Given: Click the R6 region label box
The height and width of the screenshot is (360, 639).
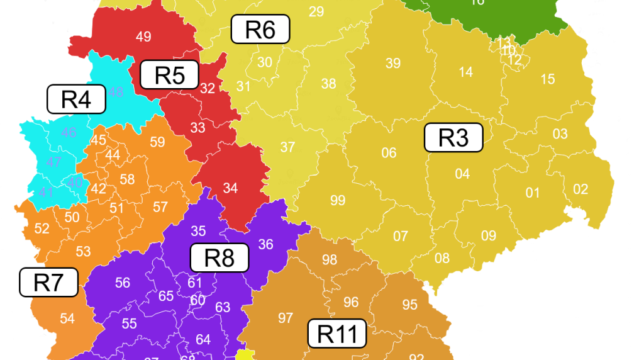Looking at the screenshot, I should pos(260,29).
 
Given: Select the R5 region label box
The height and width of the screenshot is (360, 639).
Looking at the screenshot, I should pos(169,75).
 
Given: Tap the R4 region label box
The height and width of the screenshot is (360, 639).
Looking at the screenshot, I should pos(76,99).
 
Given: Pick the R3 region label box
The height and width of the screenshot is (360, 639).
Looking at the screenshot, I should pos(453,137).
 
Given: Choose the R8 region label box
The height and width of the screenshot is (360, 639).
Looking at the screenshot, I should pos(219,257).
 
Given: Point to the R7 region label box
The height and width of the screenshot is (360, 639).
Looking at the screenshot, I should pos(49,282).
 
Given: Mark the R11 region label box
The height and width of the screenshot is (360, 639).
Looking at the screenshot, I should pos(337,333).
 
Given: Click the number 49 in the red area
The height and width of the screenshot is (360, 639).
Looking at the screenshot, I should pos(143,37).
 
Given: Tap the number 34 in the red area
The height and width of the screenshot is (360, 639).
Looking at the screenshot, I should pos(230,188).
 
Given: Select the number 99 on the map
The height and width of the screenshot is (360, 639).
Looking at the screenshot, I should pos(338,200).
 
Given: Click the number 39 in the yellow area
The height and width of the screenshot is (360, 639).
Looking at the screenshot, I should pos(393,63).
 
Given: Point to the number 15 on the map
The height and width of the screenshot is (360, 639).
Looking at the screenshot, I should pos(548,79).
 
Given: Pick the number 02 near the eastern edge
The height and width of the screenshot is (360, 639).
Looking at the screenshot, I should pos(581,189).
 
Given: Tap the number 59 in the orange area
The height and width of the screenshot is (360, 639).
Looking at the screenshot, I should pos(157,142).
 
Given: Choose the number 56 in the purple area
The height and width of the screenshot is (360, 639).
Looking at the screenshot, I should pos(123,283).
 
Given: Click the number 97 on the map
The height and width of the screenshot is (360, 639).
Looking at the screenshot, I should pos(286,318).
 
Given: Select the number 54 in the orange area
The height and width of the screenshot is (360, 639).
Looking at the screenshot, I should pos(67,318).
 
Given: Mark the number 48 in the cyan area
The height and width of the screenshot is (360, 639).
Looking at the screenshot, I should pos(116,93).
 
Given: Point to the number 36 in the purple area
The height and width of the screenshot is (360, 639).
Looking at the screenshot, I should pos(265,244).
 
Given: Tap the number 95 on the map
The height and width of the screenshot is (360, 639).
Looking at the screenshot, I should pos(409,305).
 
